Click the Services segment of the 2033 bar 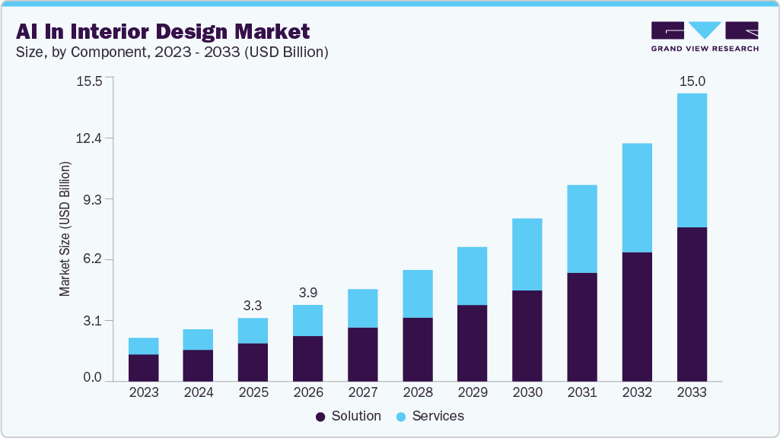pos(691,160)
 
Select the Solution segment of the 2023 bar pos(143,367)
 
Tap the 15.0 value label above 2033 pos(691,81)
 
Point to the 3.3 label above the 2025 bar pos(253,306)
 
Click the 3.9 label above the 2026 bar pos(307,293)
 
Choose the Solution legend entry pos(348,416)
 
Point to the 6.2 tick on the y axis pos(91,259)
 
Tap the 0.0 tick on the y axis pos(91,378)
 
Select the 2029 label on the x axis pos(472,393)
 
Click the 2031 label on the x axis pos(581,393)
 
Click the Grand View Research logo pos(705,36)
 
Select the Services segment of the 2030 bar pos(527,254)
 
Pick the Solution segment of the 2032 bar pos(636,316)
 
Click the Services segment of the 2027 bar pos(362,308)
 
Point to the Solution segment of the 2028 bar pos(417,349)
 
